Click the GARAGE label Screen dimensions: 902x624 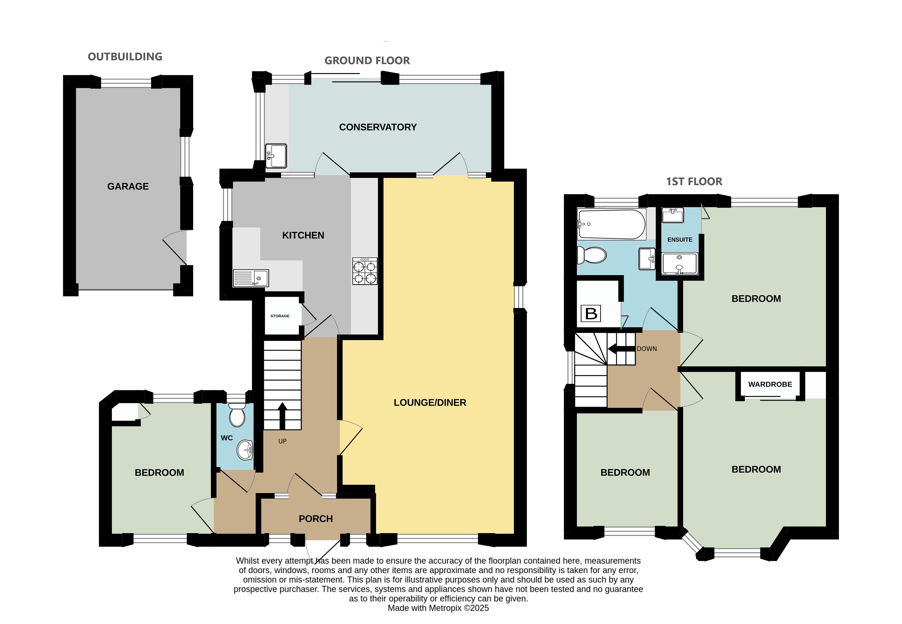click(128, 187)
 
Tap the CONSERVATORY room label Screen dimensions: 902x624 click(378, 127)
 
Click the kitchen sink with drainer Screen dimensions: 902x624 click(251, 278)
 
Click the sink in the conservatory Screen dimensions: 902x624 click(276, 156)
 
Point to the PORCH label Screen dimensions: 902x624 click(316, 519)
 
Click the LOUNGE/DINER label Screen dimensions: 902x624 click(430, 403)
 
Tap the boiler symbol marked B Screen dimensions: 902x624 click(591, 313)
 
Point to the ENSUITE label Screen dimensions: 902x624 click(680, 240)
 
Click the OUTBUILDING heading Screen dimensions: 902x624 click(125, 57)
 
